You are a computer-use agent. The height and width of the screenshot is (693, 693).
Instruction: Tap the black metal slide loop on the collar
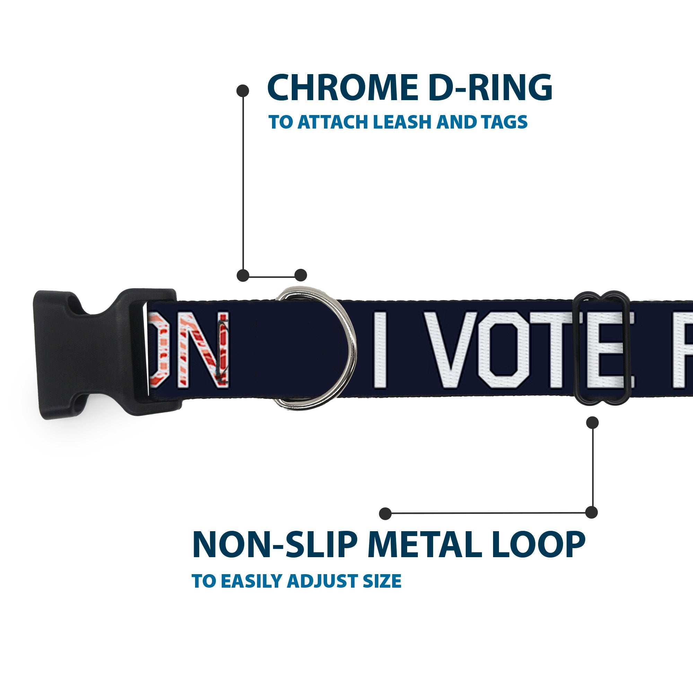point(603,348)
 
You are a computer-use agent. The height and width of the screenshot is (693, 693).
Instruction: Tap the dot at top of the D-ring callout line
point(243,91)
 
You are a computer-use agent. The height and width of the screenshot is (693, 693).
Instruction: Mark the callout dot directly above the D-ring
point(300,275)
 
